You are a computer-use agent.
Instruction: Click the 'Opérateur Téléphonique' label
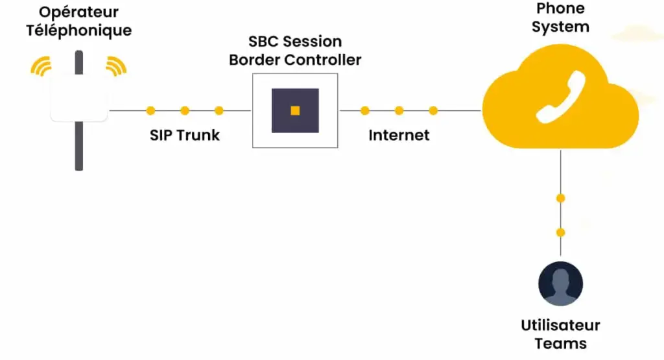tap(78, 21)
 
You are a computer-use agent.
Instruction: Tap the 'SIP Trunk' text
tap(185, 135)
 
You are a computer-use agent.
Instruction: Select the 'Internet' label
tap(399, 135)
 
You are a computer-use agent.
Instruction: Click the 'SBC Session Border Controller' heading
tap(295, 51)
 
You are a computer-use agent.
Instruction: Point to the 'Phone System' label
tap(560, 18)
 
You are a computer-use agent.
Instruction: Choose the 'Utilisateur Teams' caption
tap(560, 334)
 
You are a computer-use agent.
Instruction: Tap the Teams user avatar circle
tap(560, 284)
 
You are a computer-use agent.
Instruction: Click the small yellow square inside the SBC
tap(295, 111)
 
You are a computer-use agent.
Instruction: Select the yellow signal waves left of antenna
tap(41, 66)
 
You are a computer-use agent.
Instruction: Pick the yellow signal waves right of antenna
tap(116, 66)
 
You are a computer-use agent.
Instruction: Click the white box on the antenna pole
tap(78, 97)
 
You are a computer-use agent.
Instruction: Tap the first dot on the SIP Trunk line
tap(150, 110)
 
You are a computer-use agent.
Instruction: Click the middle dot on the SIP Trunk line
tap(185, 110)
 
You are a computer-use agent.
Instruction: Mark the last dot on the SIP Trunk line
tap(219, 110)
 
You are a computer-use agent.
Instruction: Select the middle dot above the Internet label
tap(399, 110)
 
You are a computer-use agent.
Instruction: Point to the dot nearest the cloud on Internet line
tap(433, 110)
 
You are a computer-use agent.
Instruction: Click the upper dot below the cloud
tap(560, 198)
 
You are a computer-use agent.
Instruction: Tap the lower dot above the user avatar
tap(560, 232)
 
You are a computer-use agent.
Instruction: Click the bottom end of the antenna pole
tap(79, 167)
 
